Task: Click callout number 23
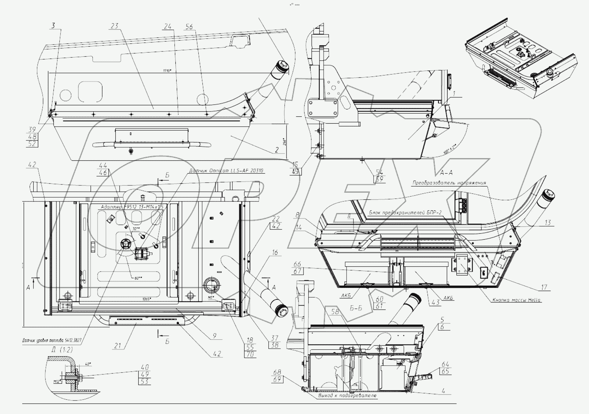click(115, 26)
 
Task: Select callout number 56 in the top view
click(189, 26)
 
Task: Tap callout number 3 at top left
click(53, 25)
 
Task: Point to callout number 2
click(277, 150)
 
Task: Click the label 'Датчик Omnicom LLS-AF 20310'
click(226, 171)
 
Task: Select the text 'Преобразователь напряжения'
click(449, 183)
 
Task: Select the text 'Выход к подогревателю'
click(347, 396)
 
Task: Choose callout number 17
click(544, 287)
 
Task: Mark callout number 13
click(548, 223)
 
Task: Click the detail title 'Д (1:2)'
click(57, 349)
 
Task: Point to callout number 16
click(275, 252)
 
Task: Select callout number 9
click(215, 336)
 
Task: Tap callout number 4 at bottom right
click(443, 391)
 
